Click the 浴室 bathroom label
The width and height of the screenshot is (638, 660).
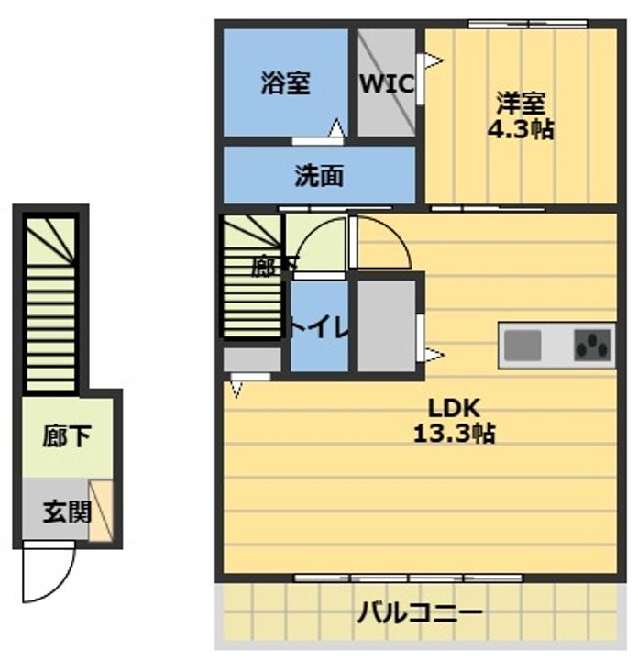pos(284,83)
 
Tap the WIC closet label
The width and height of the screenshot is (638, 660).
pos(386,83)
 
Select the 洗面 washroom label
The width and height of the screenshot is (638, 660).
pos(318,176)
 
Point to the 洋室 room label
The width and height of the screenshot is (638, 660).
pos(520,99)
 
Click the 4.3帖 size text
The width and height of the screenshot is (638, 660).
pos(520,128)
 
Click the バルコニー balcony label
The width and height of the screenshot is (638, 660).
pos(421,612)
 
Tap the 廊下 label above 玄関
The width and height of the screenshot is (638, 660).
pos(66,437)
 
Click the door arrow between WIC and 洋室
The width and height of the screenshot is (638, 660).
pos(431,62)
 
